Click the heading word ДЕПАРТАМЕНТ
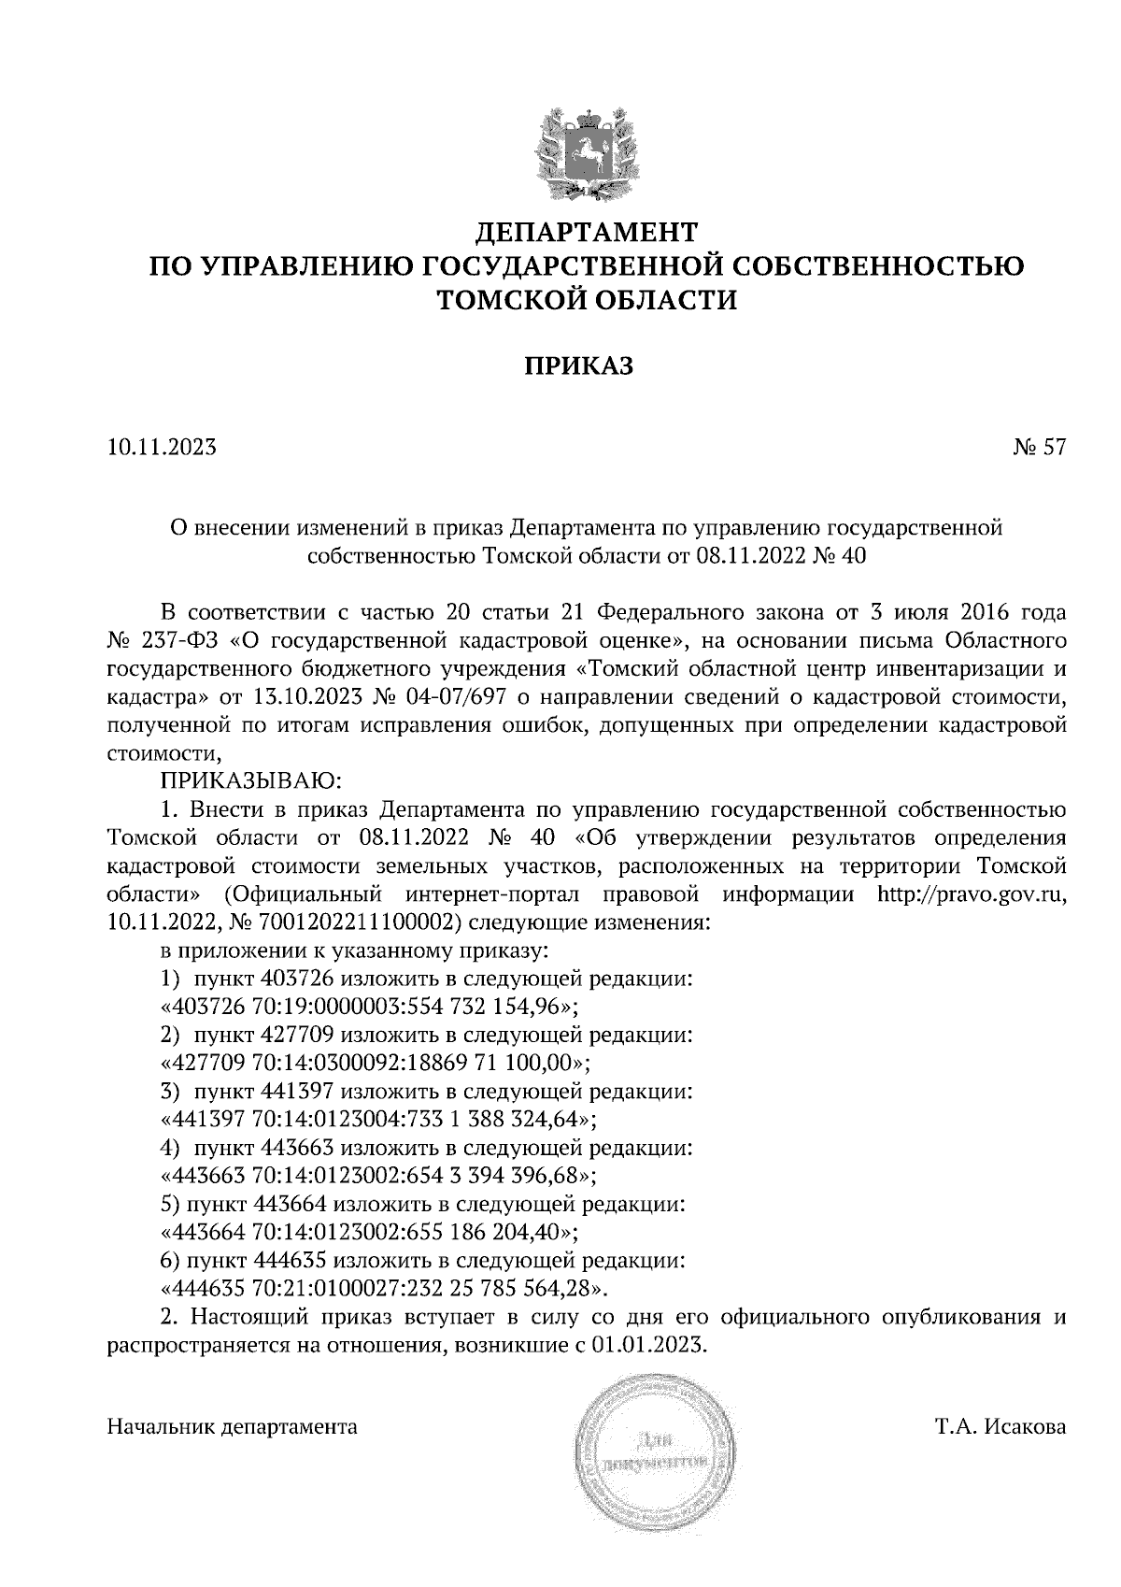coord(587,230)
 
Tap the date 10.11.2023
coord(162,447)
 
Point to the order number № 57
coord(1038,447)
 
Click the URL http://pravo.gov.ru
coord(971,894)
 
